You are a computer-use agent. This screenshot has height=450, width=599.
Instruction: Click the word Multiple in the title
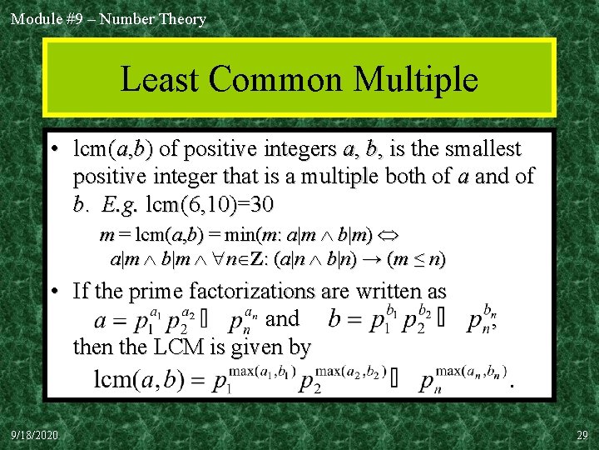pyautogui.click(x=415, y=80)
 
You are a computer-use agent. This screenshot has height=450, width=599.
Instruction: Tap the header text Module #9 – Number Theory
pyautogui.click(x=108, y=18)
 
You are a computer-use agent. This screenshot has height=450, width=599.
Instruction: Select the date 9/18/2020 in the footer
pyautogui.click(x=35, y=435)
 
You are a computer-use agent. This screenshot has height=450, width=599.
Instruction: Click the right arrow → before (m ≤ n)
pyautogui.click(x=371, y=259)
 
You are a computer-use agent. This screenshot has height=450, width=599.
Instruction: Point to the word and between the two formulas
pyautogui.click(x=282, y=318)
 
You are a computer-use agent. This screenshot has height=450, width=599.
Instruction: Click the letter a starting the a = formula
pyautogui.click(x=101, y=321)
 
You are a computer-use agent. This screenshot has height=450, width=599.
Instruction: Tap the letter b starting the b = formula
pyautogui.click(x=334, y=319)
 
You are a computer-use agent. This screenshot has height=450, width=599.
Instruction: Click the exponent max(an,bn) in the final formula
pyautogui.click(x=471, y=370)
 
